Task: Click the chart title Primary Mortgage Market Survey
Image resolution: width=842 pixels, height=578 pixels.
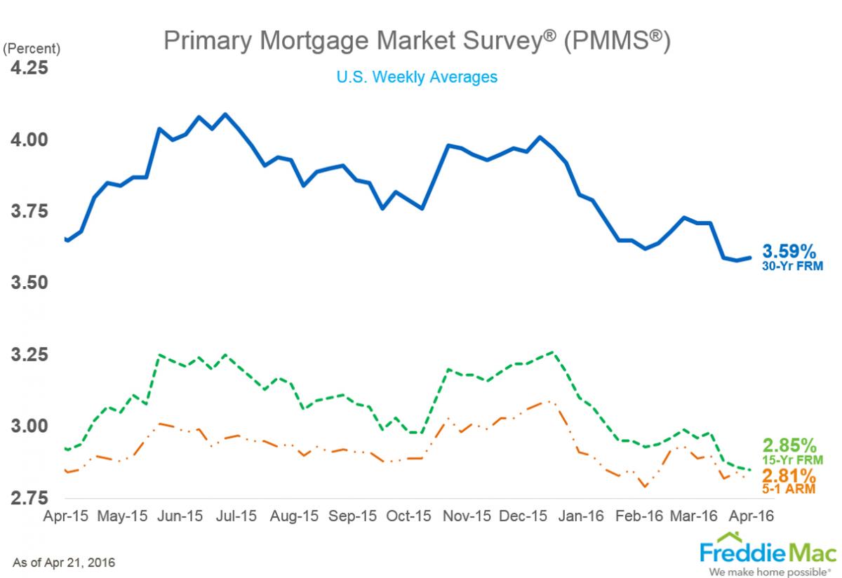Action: tap(417, 42)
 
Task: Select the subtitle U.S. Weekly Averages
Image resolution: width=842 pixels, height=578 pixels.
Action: tap(417, 76)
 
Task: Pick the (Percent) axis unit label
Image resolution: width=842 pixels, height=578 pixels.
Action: tap(32, 49)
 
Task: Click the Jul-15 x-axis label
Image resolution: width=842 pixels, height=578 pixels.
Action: tap(234, 516)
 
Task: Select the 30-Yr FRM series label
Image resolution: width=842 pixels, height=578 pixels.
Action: tap(793, 266)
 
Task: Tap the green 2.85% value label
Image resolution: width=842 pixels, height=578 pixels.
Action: tap(789, 445)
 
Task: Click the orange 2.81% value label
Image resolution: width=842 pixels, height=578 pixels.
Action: tap(789, 475)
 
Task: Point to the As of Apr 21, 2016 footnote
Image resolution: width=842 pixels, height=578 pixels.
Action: tap(64, 563)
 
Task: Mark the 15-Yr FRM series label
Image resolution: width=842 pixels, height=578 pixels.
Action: tap(791, 459)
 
